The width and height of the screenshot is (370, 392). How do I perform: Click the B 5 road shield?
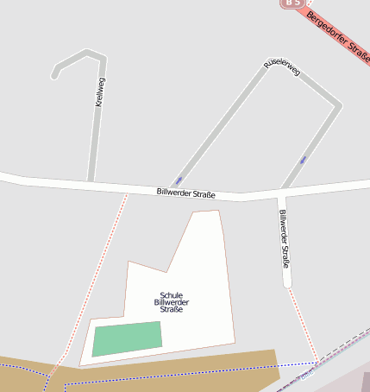coord(292,3)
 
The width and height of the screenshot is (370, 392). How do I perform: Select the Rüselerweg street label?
coord(282,69)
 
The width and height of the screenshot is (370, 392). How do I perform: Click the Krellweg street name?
coord(100,92)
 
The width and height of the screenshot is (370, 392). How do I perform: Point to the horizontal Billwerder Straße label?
coord(185,193)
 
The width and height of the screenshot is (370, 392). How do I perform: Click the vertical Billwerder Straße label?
coord(284,238)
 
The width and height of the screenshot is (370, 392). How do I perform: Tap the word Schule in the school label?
coord(171,295)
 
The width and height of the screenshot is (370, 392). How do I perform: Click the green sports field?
coord(128,338)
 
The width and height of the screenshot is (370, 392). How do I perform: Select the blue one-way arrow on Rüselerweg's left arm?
coord(178,180)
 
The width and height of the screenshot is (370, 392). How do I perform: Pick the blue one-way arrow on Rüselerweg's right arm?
coord(303,160)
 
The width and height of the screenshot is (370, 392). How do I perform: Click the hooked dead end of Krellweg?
coord(55,74)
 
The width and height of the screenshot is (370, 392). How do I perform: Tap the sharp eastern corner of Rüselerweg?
coord(339,106)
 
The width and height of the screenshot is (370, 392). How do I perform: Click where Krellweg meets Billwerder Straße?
coord(91,183)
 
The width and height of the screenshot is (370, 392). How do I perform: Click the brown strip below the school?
coord(172,367)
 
